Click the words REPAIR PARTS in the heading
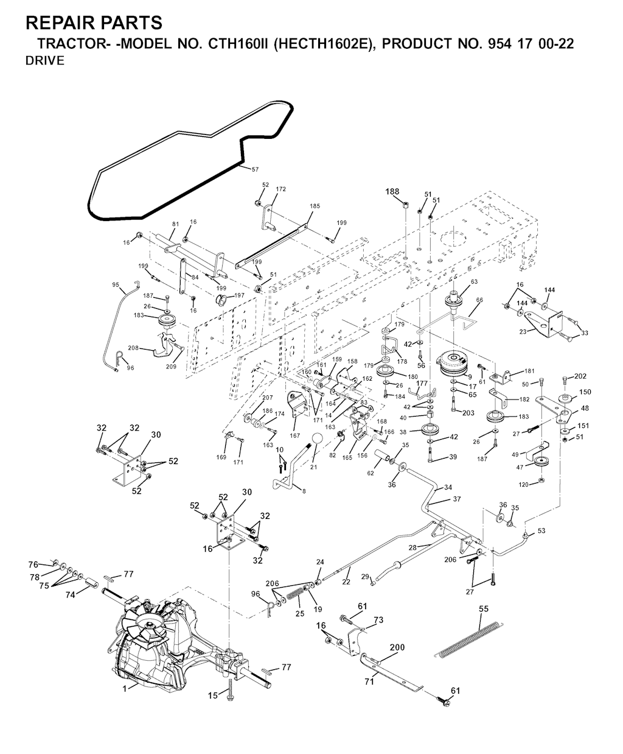(94, 23)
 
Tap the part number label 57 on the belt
(255, 169)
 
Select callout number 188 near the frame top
(392, 191)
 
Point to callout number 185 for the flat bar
(314, 206)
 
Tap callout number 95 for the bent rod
(116, 284)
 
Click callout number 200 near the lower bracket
(397, 647)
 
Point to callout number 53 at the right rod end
(541, 531)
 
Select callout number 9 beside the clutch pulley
(470, 377)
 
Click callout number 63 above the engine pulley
(474, 281)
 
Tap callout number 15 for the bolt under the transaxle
(212, 695)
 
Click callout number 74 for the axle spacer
(71, 595)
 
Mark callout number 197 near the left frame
(239, 295)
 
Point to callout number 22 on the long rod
(346, 582)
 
